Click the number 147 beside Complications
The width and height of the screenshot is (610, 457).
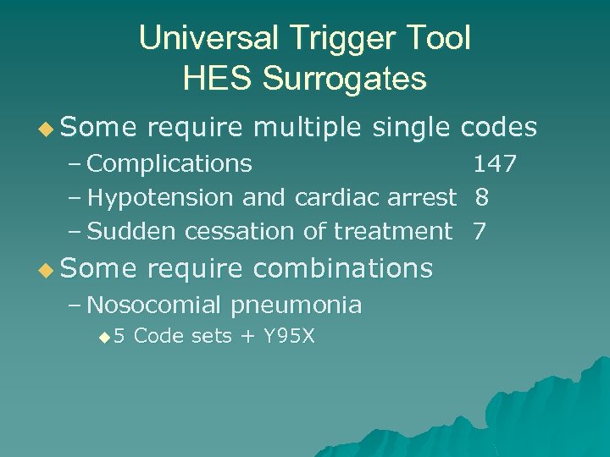click(x=494, y=163)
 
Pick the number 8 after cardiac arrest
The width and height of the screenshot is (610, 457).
click(x=481, y=197)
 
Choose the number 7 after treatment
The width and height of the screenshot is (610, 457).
click(x=480, y=231)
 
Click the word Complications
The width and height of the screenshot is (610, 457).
click(x=169, y=163)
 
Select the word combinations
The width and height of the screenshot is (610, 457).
click(x=343, y=268)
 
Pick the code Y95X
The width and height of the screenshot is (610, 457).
click(x=289, y=336)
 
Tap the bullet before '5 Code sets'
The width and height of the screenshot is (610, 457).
click(x=105, y=338)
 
